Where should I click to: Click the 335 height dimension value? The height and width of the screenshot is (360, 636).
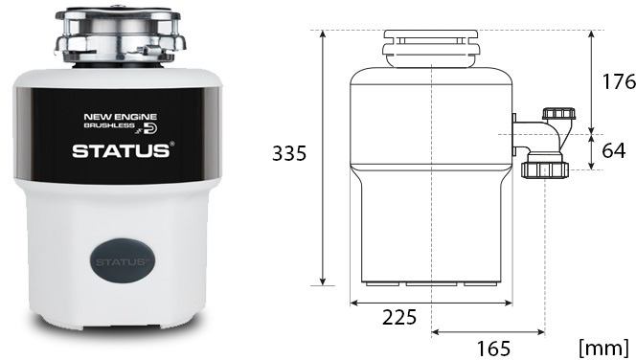[x=289, y=153]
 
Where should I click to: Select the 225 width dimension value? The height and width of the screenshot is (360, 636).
[x=399, y=317]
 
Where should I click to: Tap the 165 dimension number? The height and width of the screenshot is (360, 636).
[x=493, y=349]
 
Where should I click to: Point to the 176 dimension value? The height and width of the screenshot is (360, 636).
[x=619, y=81]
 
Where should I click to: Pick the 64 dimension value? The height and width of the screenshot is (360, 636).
[x=614, y=151]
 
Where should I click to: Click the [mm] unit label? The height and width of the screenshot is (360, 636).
[x=604, y=348]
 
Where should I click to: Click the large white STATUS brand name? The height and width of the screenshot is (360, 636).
[x=121, y=151]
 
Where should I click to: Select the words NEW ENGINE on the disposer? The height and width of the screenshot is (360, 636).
[x=120, y=117]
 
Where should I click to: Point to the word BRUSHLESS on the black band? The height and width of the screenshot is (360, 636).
[x=109, y=125]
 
